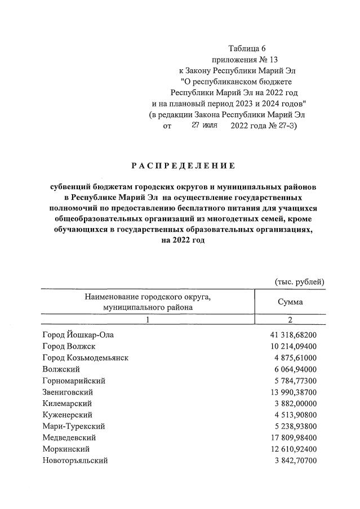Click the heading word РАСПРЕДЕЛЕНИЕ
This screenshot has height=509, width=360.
[183, 166]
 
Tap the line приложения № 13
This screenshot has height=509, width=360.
[245, 59]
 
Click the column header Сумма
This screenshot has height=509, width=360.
[290, 302]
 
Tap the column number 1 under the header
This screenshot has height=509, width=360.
[147, 320]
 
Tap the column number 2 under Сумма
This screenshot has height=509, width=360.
[290, 320]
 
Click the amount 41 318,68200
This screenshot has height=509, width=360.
[294, 334]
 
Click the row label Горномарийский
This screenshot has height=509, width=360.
[74, 381]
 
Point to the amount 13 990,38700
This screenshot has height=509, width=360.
[294, 392]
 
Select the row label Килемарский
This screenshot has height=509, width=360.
[67, 403]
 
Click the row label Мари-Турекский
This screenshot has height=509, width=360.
[73, 426]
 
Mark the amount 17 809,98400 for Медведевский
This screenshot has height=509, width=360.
[294, 437]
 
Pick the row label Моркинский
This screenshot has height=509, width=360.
[66, 449]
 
